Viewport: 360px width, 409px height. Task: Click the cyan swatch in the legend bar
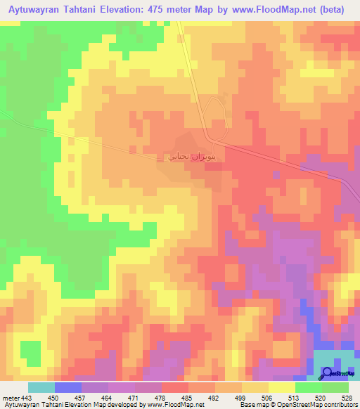pos(41,387)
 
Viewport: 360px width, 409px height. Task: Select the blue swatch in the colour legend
pos(67,387)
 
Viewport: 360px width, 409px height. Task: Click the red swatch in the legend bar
pos(174,387)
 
